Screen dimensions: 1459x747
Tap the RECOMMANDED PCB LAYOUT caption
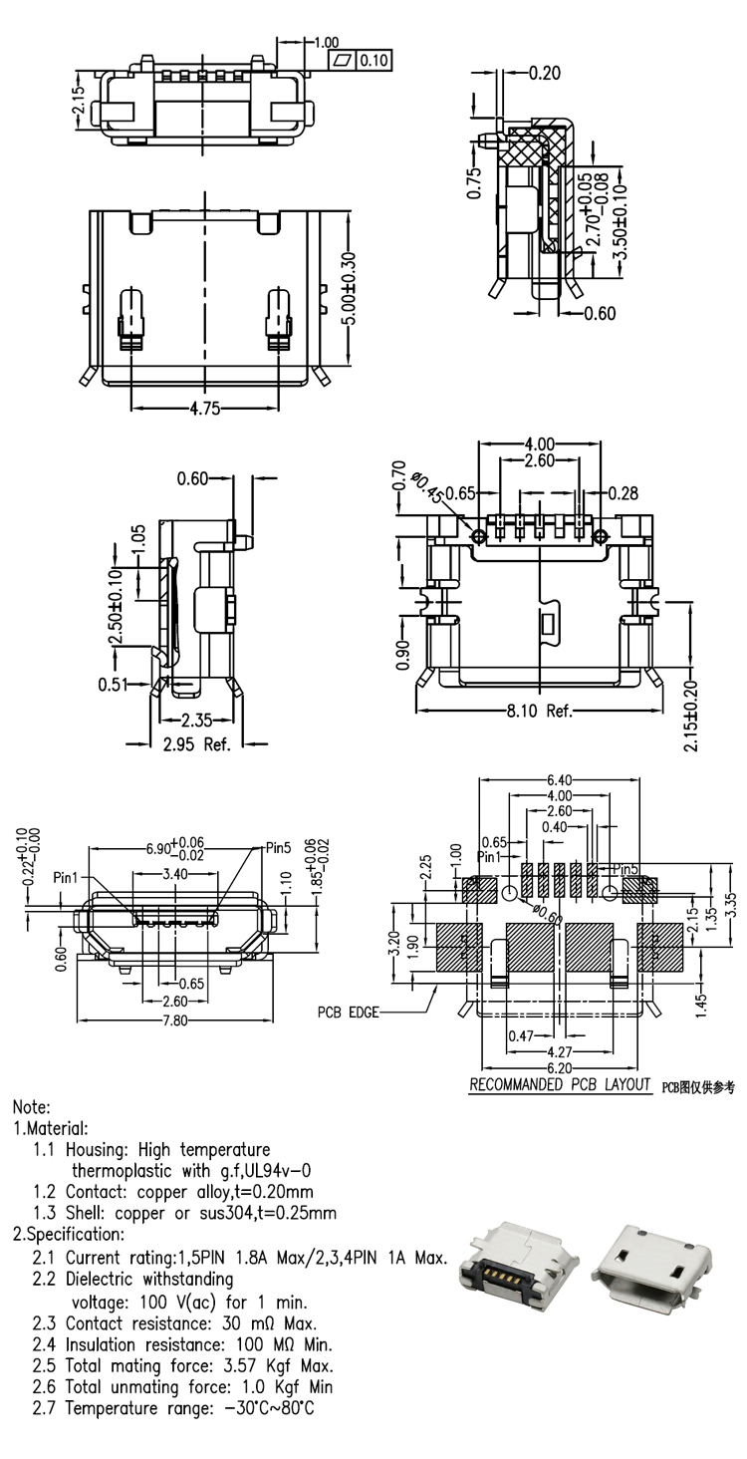(x=560, y=1084)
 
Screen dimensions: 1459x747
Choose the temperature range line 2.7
(x=174, y=1409)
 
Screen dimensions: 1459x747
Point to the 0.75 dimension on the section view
(x=475, y=181)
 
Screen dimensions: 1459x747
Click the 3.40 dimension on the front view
(x=174, y=873)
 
